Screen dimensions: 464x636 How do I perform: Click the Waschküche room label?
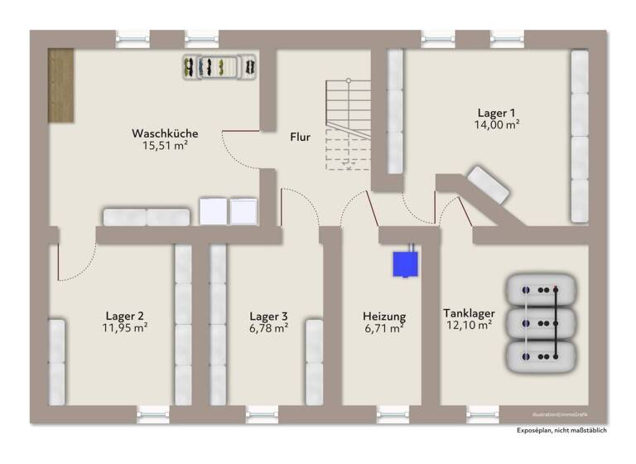point(165,133)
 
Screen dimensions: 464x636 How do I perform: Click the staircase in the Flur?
point(348,124)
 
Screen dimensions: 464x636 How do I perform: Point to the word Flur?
point(300,138)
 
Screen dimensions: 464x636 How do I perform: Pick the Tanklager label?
point(469,312)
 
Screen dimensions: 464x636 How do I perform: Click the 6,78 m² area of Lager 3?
point(269,328)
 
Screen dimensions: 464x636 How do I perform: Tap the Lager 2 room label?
point(125,316)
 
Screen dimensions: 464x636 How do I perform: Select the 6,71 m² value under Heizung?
point(384,328)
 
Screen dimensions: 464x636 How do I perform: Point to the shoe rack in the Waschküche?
point(218,66)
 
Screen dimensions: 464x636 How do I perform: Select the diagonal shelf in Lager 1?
point(486,184)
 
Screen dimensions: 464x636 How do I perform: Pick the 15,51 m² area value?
point(165,146)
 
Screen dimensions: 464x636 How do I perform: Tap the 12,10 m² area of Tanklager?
point(469,325)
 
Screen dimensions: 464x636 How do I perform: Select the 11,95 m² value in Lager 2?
point(125,328)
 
